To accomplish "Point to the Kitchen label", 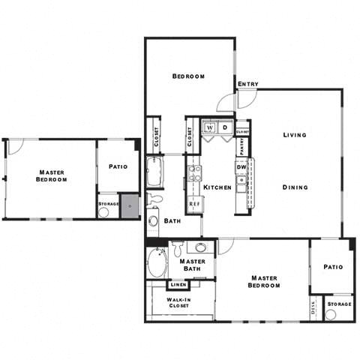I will click(216, 187).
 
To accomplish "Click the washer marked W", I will click(210, 127).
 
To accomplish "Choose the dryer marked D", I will click(224, 127).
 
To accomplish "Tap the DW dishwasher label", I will click(241, 166).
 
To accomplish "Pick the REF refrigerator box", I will click(194, 203).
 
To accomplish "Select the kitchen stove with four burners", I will click(194, 174).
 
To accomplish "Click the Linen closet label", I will click(178, 285).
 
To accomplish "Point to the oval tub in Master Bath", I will click(158, 265).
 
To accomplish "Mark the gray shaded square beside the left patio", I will click(131, 205).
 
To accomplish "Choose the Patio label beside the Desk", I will click(333, 266).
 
